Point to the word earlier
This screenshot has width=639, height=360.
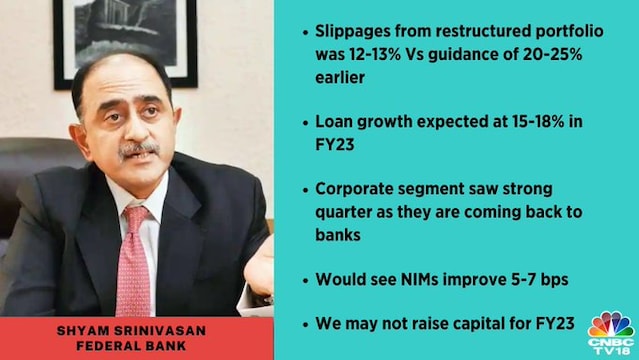coord(340,77)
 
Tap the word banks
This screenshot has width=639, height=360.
coord(338,235)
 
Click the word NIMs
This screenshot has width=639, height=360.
coord(414,279)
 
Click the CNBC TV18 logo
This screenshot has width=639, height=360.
coord(610,333)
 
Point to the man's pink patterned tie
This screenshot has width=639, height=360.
coord(133,262)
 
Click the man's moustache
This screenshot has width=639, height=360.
coord(138,149)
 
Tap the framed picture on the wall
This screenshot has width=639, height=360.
coord(126,43)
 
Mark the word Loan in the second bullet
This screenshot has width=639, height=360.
coord(333,121)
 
